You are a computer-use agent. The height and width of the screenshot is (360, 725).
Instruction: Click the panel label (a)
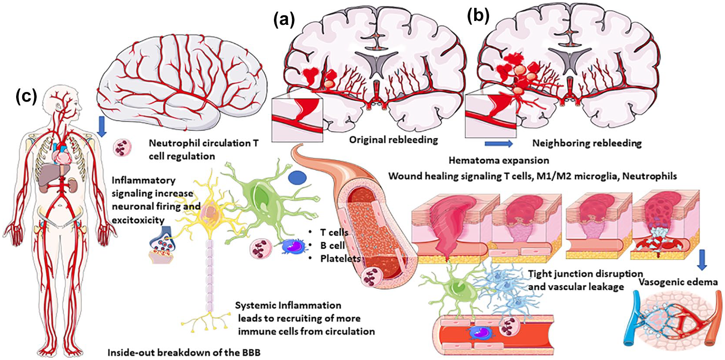(284, 21)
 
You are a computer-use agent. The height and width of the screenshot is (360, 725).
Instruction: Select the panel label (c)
(27, 97)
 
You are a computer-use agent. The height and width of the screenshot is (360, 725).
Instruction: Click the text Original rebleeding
(393, 140)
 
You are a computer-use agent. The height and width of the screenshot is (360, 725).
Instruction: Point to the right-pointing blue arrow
(499, 144)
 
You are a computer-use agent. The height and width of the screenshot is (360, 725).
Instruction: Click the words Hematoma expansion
(499, 160)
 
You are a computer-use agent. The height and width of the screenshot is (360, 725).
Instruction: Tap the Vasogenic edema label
(678, 282)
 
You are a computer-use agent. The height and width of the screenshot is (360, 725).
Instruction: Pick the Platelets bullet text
(340, 259)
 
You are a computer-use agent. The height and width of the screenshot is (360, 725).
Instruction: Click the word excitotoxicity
(138, 220)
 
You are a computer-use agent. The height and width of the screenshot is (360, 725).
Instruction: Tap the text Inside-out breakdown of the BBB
(184, 352)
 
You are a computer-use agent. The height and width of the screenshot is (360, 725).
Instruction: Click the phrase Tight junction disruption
(585, 274)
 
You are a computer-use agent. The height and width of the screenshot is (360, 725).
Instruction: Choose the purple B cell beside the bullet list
(294, 247)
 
